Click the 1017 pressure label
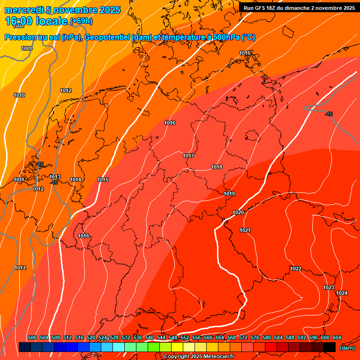[x=188, y=156]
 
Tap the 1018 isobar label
[x=217, y=167]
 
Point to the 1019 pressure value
[x=229, y=194]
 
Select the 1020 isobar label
[x=238, y=212]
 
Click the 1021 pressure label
[x=245, y=230]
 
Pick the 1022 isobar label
[x=296, y=269]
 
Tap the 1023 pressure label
[x=329, y=287]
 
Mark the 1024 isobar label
[x=342, y=293]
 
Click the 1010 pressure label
[x=19, y=95]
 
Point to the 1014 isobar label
[x=75, y=180]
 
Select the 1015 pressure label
[x=103, y=180]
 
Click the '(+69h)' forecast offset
[x=81, y=21]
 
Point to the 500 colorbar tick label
[x=32, y=337]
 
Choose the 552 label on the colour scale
[x=185, y=337]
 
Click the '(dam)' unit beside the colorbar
[x=347, y=348]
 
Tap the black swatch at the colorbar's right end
[x=330, y=347]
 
